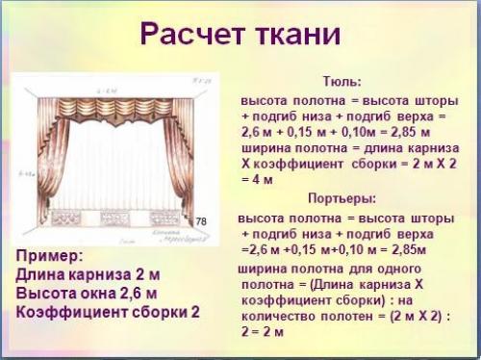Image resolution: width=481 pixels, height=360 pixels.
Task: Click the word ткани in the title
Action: tap(295, 35)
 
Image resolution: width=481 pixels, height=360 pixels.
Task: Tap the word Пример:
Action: tap(50, 256)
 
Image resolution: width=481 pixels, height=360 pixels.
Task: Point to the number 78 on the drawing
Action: tap(201, 221)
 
